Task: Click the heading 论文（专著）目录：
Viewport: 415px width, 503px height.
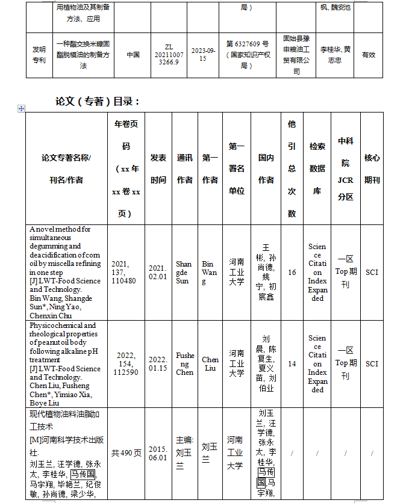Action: click(x=98, y=101)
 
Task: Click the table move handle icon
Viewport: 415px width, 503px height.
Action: click(x=22, y=108)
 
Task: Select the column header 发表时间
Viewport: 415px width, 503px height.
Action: click(x=158, y=168)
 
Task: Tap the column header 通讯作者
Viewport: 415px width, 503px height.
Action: click(x=184, y=168)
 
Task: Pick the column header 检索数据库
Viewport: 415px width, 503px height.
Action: click(x=317, y=168)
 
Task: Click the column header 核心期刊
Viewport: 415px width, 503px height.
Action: click(x=372, y=168)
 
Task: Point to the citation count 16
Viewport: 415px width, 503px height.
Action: click(x=292, y=273)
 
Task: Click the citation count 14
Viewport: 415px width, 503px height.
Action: click(x=292, y=364)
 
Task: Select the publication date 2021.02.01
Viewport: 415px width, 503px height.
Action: click(x=158, y=273)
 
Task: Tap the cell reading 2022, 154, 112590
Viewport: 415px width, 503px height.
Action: click(x=126, y=363)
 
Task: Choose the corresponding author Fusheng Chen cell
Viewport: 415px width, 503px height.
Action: click(x=184, y=364)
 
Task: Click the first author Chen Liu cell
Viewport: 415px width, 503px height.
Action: click(x=210, y=364)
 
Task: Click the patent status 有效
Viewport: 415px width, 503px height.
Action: click(x=368, y=55)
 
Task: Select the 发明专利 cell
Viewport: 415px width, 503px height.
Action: click(x=39, y=55)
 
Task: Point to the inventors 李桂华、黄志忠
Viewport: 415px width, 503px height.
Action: click(x=335, y=55)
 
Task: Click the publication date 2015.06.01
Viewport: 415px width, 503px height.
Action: click(x=158, y=453)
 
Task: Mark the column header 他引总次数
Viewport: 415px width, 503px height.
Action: click(x=292, y=168)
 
